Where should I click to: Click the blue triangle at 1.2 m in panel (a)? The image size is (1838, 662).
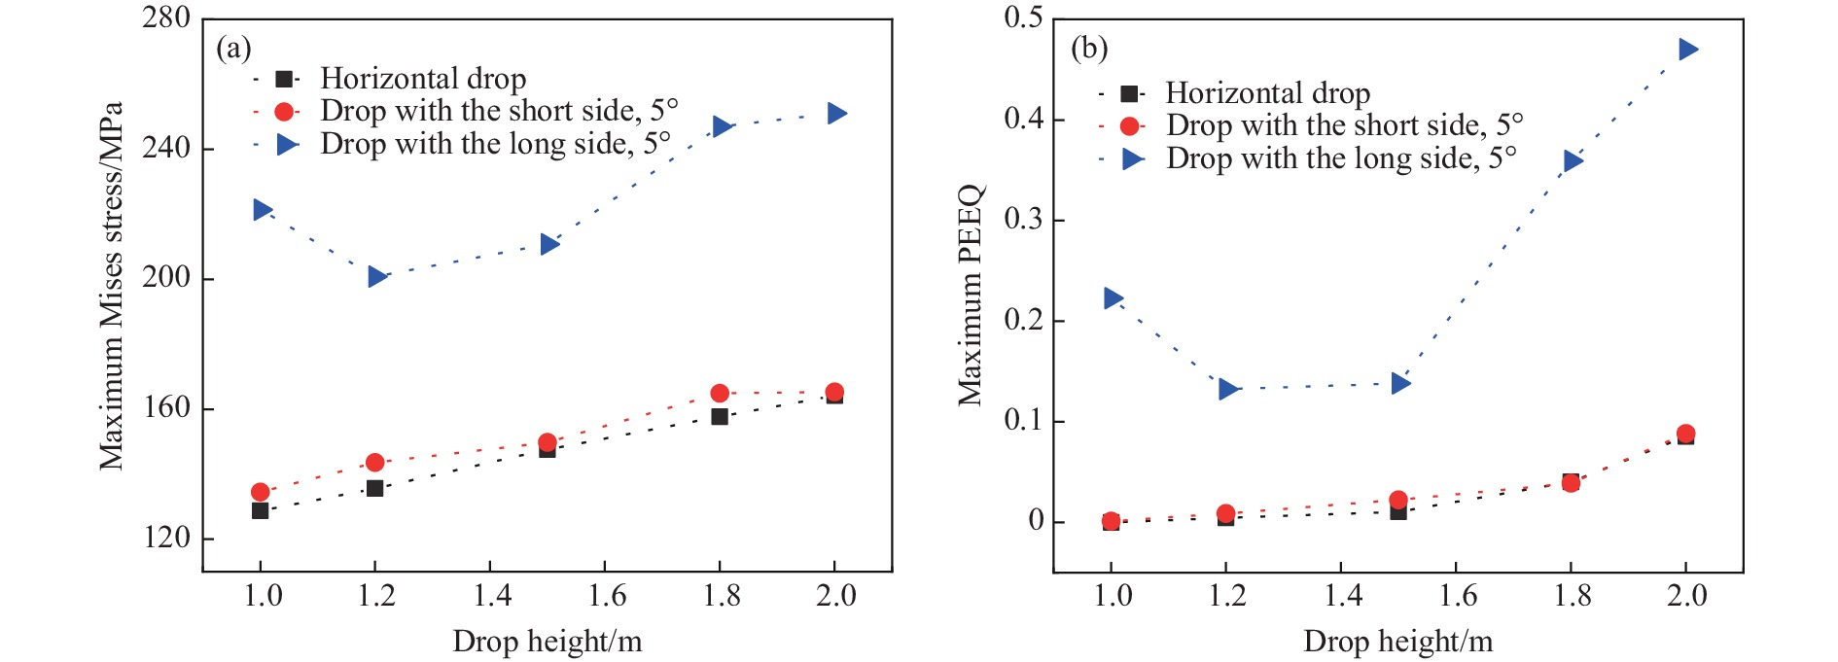pyautogui.click(x=377, y=277)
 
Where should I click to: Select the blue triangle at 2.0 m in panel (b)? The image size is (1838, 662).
pyautogui.click(x=1687, y=50)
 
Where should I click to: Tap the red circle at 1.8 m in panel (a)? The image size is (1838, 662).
pyautogui.click(x=720, y=393)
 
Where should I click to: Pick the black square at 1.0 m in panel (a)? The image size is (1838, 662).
pyautogui.click(x=260, y=510)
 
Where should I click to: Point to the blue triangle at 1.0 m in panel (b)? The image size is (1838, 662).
pyautogui.click(x=1113, y=298)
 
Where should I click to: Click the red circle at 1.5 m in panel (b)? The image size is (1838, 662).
pyautogui.click(x=1397, y=501)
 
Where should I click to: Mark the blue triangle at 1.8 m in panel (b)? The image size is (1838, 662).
pyautogui.click(x=1573, y=161)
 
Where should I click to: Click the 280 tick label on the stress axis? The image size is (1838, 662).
pyautogui.click(x=165, y=17)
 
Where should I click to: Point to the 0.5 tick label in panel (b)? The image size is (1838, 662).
pyautogui.click(x=1022, y=17)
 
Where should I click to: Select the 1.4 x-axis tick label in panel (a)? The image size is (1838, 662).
pyautogui.click(x=492, y=595)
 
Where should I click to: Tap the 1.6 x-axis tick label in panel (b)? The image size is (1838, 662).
pyautogui.click(x=1457, y=595)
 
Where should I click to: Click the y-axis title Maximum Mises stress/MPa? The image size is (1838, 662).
pyautogui.click(x=111, y=287)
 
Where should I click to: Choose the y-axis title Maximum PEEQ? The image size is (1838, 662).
pyautogui.click(x=971, y=295)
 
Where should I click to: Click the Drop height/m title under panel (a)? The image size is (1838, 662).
pyautogui.click(x=547, y=642)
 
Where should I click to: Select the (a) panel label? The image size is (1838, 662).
pyautogui.click(x=233, y=48)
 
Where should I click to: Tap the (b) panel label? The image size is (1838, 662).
pyautogui.click(x=1088, y=48)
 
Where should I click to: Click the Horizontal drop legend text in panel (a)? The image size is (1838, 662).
pyautogui.click(x=423, y=79)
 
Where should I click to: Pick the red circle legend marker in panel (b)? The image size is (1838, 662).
pyautogui.click(x=1129, y=125)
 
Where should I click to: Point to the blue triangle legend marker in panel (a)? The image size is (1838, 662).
pyautogui.click(x=287, y=145)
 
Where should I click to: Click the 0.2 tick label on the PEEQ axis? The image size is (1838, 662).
pyautogui.click(x=1022, y=320)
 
